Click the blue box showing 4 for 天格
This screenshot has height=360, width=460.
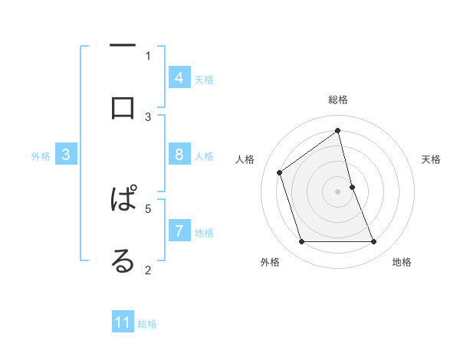[x=179, y=77]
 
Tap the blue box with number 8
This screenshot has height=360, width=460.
[x=179, y=154]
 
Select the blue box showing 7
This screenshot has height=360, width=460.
[x=179, y=231]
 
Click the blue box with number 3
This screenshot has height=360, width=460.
[x=66, y=154]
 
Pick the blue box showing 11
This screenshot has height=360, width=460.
[x=123, y=322]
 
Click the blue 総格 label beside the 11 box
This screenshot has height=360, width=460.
[x=147, y=324]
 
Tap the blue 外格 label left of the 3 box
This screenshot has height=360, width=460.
[x=41, y=156]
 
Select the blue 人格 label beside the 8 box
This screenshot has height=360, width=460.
[x=204, y=156]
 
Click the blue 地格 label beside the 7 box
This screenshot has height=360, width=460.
[x=204, y=233]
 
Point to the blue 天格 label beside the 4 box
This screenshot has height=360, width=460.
[x=204, y=80]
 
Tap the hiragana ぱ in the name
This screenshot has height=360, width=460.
[x=123, y=199]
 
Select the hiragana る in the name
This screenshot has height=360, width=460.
[x=123, y=261]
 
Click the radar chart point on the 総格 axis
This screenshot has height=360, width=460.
[x=338, y=130]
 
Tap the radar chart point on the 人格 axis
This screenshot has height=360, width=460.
[x=280, y=172]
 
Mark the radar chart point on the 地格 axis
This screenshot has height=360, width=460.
[x=374, y=242]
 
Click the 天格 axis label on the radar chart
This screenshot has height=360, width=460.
[x=431, y=159]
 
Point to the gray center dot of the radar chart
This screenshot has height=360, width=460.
[x=338, y=191]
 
